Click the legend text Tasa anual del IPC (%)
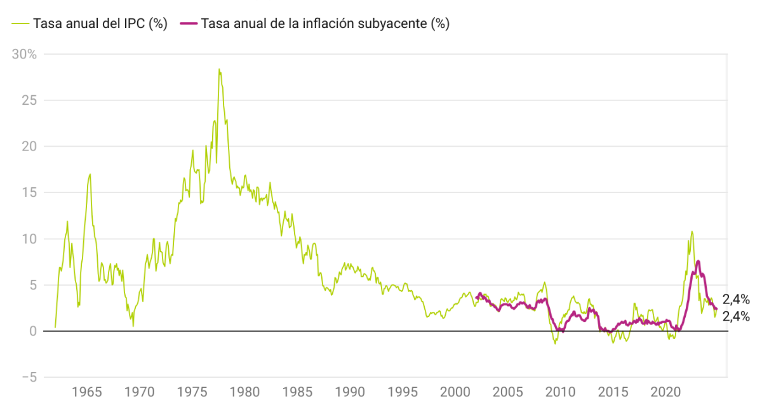[x=100, y=24]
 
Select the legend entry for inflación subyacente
[x=324, y=24]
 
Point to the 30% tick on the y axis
[x=25, y=54]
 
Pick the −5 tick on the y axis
[x=27, y=378]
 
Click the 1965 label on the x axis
[x=87, y=390]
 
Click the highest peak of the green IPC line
[x=219, y=69]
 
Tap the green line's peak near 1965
[x=90, y=174]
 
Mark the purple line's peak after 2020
[x=698, y=261]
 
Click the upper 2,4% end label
[x=736, y=300]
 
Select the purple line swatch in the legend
[x=189, y=24]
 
